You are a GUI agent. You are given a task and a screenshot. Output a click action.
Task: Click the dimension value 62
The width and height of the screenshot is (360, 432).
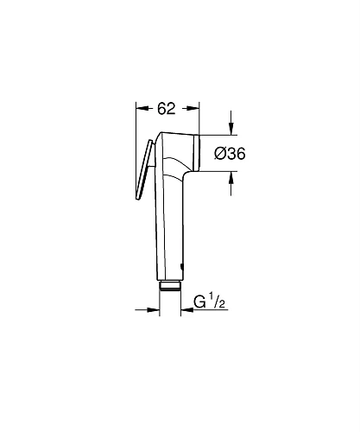pos(167,108)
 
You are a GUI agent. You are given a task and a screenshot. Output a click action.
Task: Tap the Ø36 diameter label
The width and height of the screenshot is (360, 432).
pos(229,153)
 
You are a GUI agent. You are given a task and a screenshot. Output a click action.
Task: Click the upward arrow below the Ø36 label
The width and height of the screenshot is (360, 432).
pos(232,178)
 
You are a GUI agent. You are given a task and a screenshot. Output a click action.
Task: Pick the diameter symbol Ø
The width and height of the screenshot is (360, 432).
pos(218,153)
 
